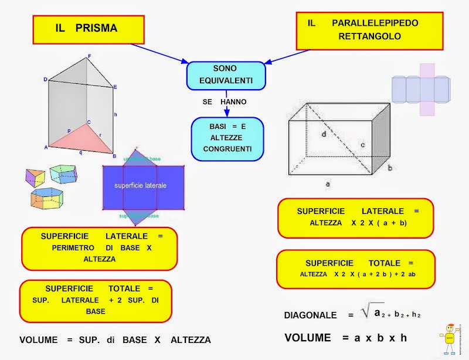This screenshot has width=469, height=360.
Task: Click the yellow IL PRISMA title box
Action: tap(88, 29)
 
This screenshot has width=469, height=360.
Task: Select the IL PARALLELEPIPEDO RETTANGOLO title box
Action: tap(369, 30)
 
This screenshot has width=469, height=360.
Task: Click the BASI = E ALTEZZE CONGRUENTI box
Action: tap(227, 139)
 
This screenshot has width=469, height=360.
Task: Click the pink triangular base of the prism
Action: tap(88, 138)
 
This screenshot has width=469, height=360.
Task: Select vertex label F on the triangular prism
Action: tap(89, 56)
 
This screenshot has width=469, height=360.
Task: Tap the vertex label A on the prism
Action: tap(45, 148)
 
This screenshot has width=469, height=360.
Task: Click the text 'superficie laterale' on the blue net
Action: tap(141, 185)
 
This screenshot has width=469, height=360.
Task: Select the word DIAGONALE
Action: tap(310, 315)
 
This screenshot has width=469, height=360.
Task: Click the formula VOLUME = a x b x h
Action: tap(345, 338)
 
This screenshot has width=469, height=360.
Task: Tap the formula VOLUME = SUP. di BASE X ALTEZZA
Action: tap(115, 340)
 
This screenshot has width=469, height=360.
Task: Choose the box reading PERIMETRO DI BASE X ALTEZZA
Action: tap(99, 248)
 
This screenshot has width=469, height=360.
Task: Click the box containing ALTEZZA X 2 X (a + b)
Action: tap(355, 218)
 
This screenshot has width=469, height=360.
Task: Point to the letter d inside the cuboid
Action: tap(324, 134)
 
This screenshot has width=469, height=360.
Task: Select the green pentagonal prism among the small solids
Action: tap(63, 173)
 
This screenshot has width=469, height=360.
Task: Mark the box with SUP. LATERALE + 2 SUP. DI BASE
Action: tap(96, 300)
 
